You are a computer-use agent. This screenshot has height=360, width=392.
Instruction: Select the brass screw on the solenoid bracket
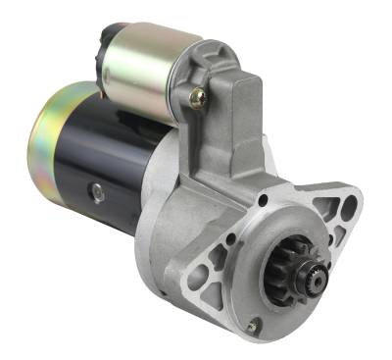click(198, 96)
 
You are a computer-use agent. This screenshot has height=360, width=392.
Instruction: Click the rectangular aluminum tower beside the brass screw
click(240, 118)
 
